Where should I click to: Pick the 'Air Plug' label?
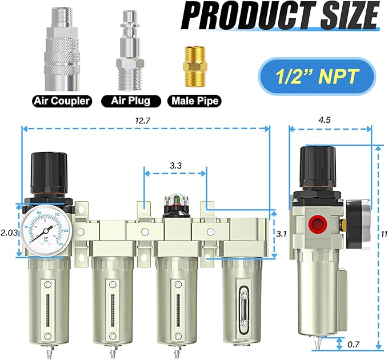[130, 101]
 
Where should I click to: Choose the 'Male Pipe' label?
[193, 101]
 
